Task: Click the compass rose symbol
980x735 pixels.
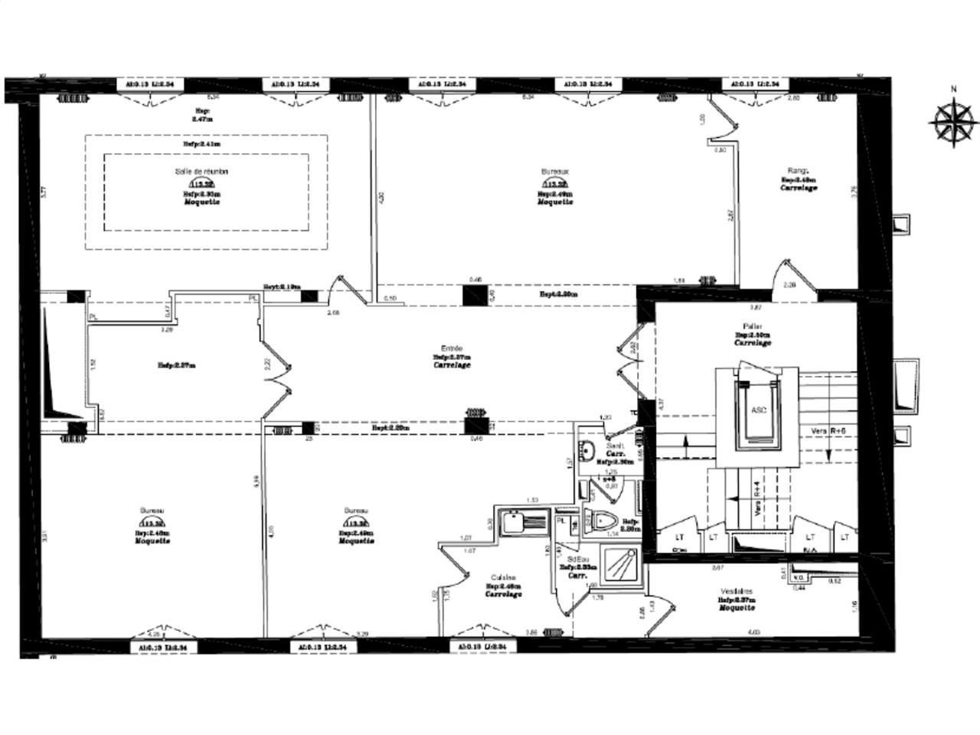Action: point(953,121)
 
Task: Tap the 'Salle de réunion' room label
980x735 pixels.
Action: point(202,171)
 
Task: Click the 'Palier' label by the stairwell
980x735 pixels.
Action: point(752,327)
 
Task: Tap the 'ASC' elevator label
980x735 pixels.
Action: point(758,410)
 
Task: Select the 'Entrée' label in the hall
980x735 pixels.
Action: point(452,348)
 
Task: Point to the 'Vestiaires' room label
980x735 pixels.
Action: point(736,591)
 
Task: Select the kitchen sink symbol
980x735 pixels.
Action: point(521,524)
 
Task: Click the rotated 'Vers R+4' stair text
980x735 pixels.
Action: point(756,498)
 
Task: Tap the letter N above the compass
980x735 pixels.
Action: point(953,89)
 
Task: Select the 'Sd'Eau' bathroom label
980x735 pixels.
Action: point(578,559)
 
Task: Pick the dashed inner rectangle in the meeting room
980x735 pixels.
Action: point(207,191)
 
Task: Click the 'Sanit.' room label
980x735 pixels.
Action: point(615,446)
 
